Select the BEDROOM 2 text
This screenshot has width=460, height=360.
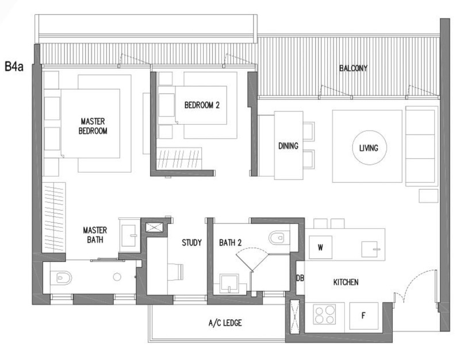(x=202, y=105)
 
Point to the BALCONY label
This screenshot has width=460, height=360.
(x=353, y=68)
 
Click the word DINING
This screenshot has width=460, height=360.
(x=288, y=146)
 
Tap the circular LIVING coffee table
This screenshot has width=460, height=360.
(x=368, y=148)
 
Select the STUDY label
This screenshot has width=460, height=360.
(x=191, y=243)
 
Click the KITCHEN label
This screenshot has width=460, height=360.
(x=346, y=282)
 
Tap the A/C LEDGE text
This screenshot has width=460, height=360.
(x=225, y=323)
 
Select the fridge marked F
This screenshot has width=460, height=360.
(x=363, y=315)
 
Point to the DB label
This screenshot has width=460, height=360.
(x=300, y=278)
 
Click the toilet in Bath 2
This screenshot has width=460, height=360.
(x=277, y=237)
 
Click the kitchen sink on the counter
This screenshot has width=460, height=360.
(x=371, y=250)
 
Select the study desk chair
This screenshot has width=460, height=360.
(x=178, y=270)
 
